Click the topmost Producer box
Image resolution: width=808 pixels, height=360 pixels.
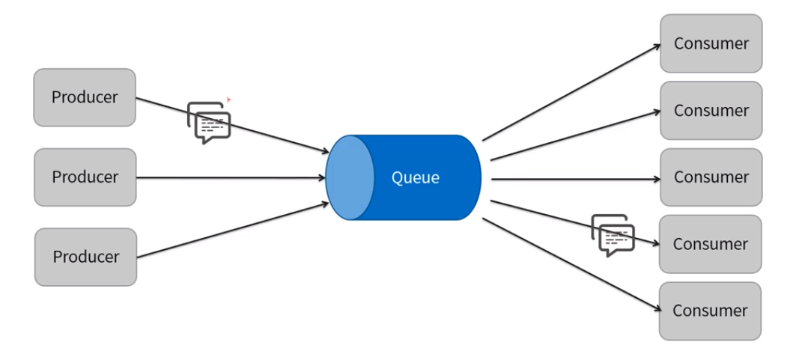85,97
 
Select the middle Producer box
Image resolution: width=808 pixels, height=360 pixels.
85,177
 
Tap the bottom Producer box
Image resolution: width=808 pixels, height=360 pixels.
86,257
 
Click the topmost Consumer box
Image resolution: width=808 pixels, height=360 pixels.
711,43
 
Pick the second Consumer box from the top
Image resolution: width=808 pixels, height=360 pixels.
711,111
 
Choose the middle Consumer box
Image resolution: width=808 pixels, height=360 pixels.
711,177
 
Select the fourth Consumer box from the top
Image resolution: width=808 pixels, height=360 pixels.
710,244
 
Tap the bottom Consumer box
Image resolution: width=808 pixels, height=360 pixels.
710,311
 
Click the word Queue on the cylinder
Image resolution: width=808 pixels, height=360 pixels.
416,178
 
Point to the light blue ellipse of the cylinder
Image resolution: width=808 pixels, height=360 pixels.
350,177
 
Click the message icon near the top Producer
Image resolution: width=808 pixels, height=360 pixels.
209,123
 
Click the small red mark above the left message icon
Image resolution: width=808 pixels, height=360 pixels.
228,99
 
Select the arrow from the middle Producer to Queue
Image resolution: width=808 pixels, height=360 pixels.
232,177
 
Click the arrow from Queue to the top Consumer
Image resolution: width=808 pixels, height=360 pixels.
569,92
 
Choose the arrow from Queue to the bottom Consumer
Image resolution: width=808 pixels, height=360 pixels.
569,263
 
